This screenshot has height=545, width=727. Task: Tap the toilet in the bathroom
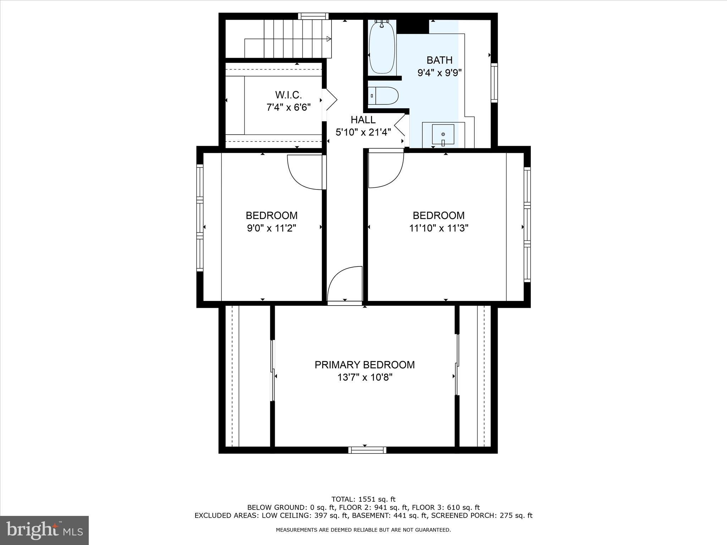click(x=383, y=95)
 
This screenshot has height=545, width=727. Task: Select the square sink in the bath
click(x=443, y=134)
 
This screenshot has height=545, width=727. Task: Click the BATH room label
click(x=439, y=60)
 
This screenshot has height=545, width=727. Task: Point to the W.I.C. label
click(x=288, y=95)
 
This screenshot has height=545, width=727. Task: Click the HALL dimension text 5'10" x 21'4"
click(x=363, y=132)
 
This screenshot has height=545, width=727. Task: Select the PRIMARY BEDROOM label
click(x=365, y=365)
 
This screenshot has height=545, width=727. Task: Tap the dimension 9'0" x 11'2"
click(x=272, y=228)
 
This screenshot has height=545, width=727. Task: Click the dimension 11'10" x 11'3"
click(x=439, y=228)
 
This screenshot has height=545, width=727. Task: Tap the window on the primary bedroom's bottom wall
click(x=367, y=450)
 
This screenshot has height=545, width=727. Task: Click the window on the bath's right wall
click(x=494, y=83)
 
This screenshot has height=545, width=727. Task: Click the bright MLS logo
click(x=44, y=530)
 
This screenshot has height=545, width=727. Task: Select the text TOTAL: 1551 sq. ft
click(x=363, y=500)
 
